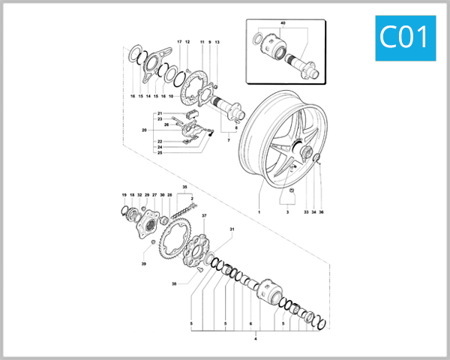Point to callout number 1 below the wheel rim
[259, 213]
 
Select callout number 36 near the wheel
[322, 213]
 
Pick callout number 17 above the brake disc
[179, 41]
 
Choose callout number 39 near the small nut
[143, 265]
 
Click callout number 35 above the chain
[184, 185]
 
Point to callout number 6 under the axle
[250, 324]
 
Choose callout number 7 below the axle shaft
[229, 139]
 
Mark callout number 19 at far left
[124, 195]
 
